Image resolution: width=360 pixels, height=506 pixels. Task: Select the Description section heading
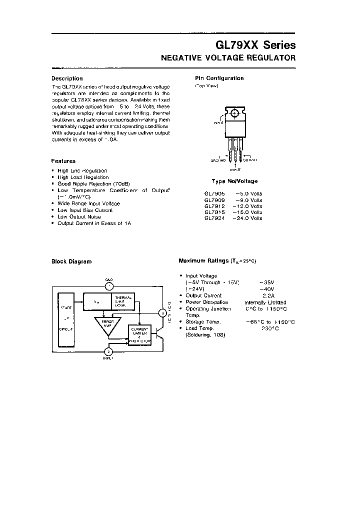[67, 78]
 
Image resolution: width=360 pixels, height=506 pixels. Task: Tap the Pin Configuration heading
[219, 78]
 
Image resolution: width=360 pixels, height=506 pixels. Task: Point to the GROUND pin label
[218, 160]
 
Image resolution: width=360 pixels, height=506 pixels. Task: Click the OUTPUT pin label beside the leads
[250, 160]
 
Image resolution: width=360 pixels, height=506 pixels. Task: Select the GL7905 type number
[214, 193]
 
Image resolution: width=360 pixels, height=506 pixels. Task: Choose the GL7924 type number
[214, 218]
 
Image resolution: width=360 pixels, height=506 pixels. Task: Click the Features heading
[63, 161]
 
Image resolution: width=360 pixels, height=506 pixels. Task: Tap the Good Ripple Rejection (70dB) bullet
[93, 184]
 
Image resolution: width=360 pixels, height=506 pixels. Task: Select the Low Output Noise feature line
[79, 216]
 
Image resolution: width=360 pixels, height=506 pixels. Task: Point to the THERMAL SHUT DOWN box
[123, 301]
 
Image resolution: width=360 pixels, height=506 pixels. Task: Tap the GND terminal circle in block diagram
[109, 286]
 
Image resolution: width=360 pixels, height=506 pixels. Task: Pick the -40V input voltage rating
[267, 289]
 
